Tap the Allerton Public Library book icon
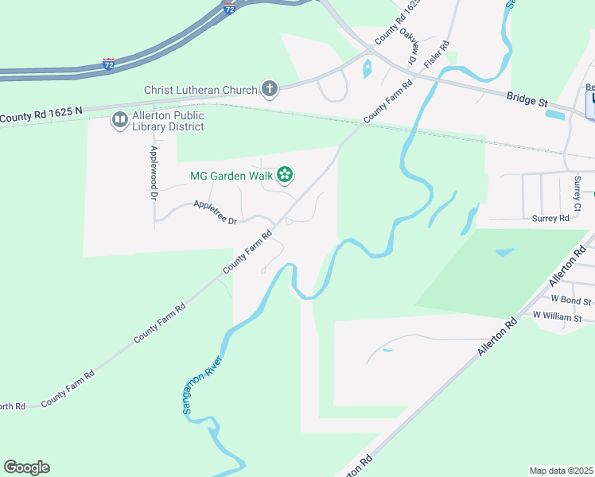(x=119, y=120)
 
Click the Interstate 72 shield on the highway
(x=109, y=62)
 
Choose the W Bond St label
(x=571, y=301)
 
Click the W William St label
(x=562, y=316)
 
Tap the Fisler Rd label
(x=437, y=54)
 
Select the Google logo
(x=26, y=467)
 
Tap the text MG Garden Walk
(x=231, y=176)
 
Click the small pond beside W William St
(x=504, y=253)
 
